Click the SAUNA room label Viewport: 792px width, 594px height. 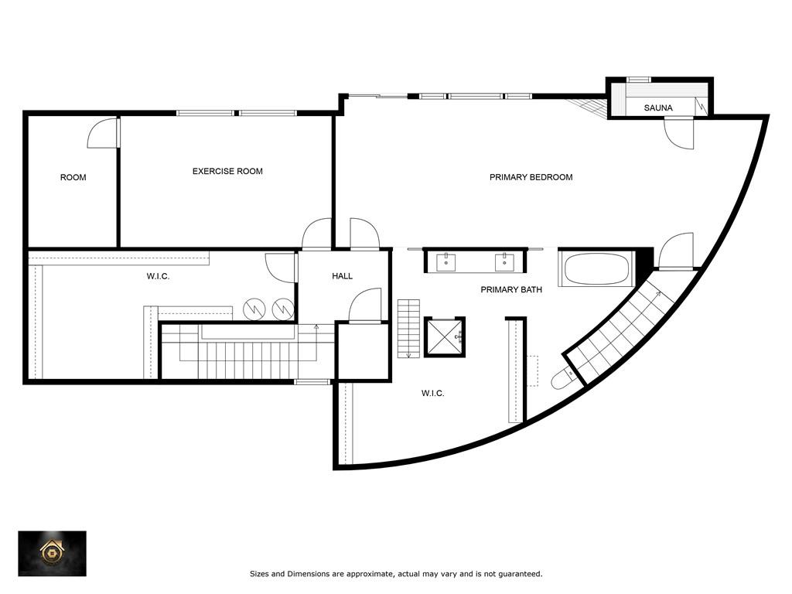[x=658, y=108]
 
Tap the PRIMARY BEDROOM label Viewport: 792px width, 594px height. [x=531, y=177]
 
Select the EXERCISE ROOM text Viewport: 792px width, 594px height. [x=227, y=171]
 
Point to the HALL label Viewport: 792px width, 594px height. [x=342, y=276]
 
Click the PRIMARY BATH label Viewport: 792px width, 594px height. [x=511, y=289]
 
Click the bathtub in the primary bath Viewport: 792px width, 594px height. [x=596, y=268]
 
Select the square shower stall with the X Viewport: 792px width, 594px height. [x=444, y=337]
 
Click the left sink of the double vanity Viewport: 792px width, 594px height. [x=446, y=262]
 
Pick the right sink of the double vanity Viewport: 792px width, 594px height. [x=504, y=262]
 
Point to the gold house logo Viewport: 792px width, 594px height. [x=52, y=552]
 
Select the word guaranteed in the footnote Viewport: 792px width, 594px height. [x=520, y=574]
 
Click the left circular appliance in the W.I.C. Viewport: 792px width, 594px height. [x=254, y=309]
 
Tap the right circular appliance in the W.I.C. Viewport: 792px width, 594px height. [x=283, y=309]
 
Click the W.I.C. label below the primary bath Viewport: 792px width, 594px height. [x=433, y=393]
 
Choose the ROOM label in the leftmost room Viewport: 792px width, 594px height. [x=73, y=177]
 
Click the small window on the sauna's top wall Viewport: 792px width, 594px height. [x=638, y=80]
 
